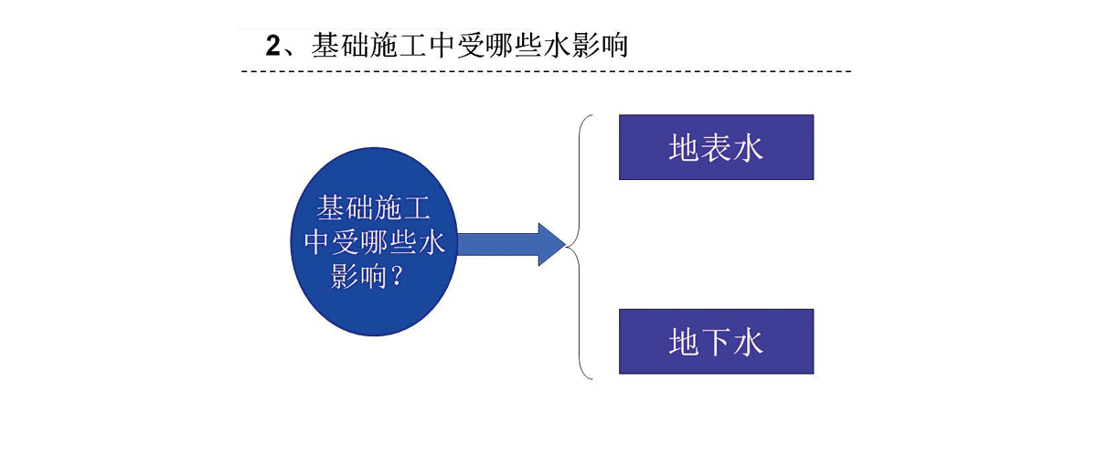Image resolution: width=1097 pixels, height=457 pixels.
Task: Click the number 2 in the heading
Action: coord(273,46)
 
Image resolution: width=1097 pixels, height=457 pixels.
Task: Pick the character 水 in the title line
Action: coord(557,46)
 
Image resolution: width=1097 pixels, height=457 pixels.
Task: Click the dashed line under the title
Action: coord(546,71)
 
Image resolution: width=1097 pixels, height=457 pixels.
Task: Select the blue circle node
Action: coord(374,241)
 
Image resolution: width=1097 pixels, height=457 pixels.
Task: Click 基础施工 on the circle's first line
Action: coord(374,207)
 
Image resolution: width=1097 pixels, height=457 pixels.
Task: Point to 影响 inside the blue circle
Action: coord(359,276)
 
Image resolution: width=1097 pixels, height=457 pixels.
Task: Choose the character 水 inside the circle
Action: coord(431,242)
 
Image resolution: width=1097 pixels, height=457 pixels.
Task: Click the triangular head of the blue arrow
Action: coord(552,244)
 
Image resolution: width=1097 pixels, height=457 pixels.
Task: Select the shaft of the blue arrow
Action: coord(498,244)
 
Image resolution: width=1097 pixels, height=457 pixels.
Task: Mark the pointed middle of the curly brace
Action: coord(567,247)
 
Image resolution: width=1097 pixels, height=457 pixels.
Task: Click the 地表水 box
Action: coord(716,147)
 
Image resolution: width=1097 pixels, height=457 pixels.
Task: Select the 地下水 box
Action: coord(716,342)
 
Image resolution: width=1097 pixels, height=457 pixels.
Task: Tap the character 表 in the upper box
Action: coord(716,147)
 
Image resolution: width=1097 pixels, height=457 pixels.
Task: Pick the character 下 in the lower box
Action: coord(716,342)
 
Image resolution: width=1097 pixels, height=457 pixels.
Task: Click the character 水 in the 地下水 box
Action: coord(748,342)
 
